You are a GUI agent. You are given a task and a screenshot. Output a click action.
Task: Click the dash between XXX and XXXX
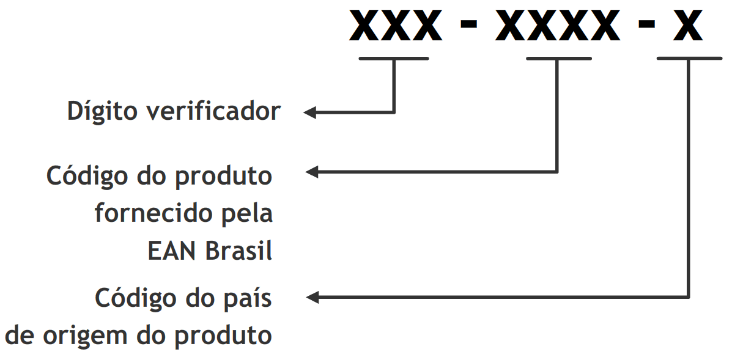coord(468,28)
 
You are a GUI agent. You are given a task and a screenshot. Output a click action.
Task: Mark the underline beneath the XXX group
coord(394,59)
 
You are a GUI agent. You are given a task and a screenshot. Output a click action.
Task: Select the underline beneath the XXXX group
coord(558,59)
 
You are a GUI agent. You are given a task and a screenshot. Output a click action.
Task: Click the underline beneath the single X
coord(689,59)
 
